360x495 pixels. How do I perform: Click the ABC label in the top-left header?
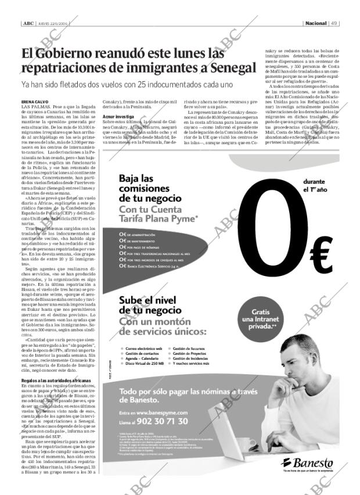click(27, 24)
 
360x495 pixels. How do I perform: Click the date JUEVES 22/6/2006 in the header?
click(50, 24)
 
